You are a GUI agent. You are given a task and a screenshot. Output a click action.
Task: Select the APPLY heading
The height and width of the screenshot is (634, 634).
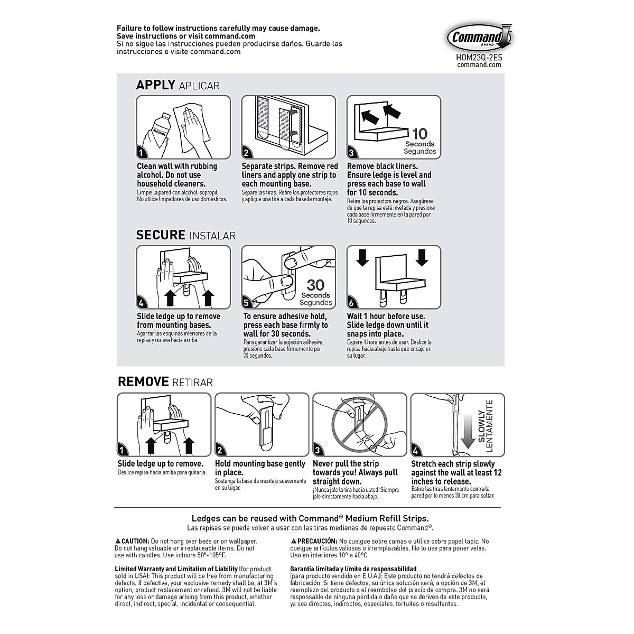155,85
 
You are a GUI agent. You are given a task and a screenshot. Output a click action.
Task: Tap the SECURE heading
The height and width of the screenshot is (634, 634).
161,235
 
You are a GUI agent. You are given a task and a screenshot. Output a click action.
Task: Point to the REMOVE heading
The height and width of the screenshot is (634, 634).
143,381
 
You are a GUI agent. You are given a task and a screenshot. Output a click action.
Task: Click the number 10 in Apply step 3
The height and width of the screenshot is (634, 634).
420,133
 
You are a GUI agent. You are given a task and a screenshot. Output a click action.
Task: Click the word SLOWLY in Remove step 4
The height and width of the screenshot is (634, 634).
481,428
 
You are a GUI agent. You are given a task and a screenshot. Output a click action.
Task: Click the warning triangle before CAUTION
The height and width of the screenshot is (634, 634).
118,542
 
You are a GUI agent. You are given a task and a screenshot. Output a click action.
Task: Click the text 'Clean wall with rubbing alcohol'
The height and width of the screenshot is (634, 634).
177,170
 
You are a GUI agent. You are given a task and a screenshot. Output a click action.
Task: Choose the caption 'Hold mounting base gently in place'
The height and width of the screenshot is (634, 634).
260,468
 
